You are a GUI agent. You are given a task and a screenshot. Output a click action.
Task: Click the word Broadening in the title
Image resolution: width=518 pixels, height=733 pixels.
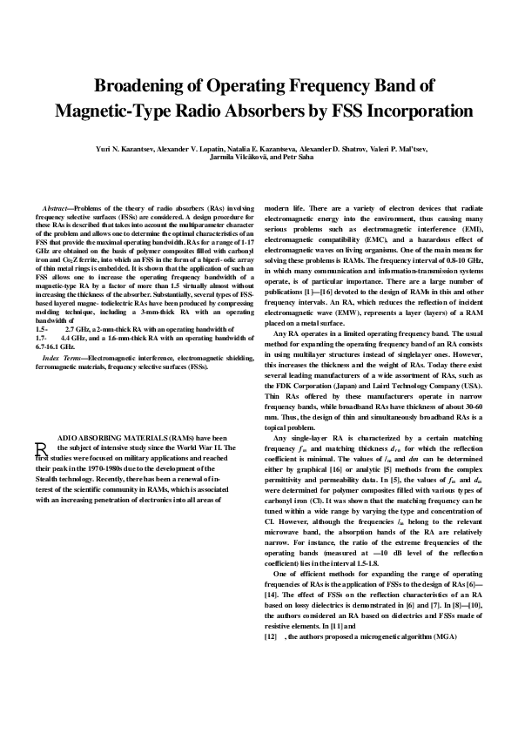pos(141,86)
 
